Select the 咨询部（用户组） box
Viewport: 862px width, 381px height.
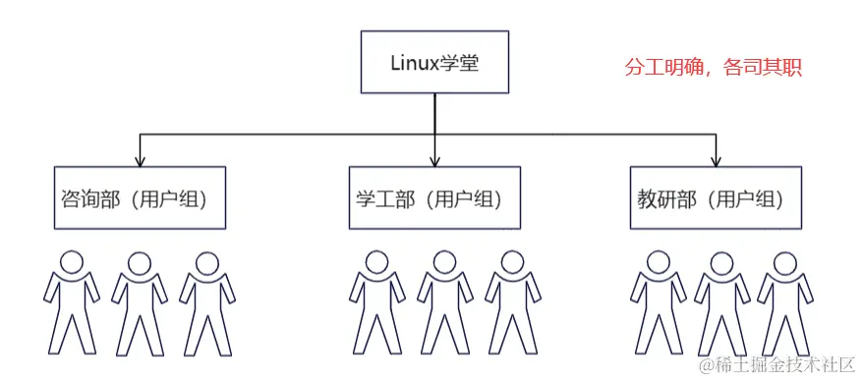(x=140, y=197)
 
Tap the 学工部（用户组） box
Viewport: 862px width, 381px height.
(x=435, y=197)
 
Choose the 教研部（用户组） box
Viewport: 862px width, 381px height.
(x=717, y=197)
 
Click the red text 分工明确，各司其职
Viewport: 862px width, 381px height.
(x=714, y=70)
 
